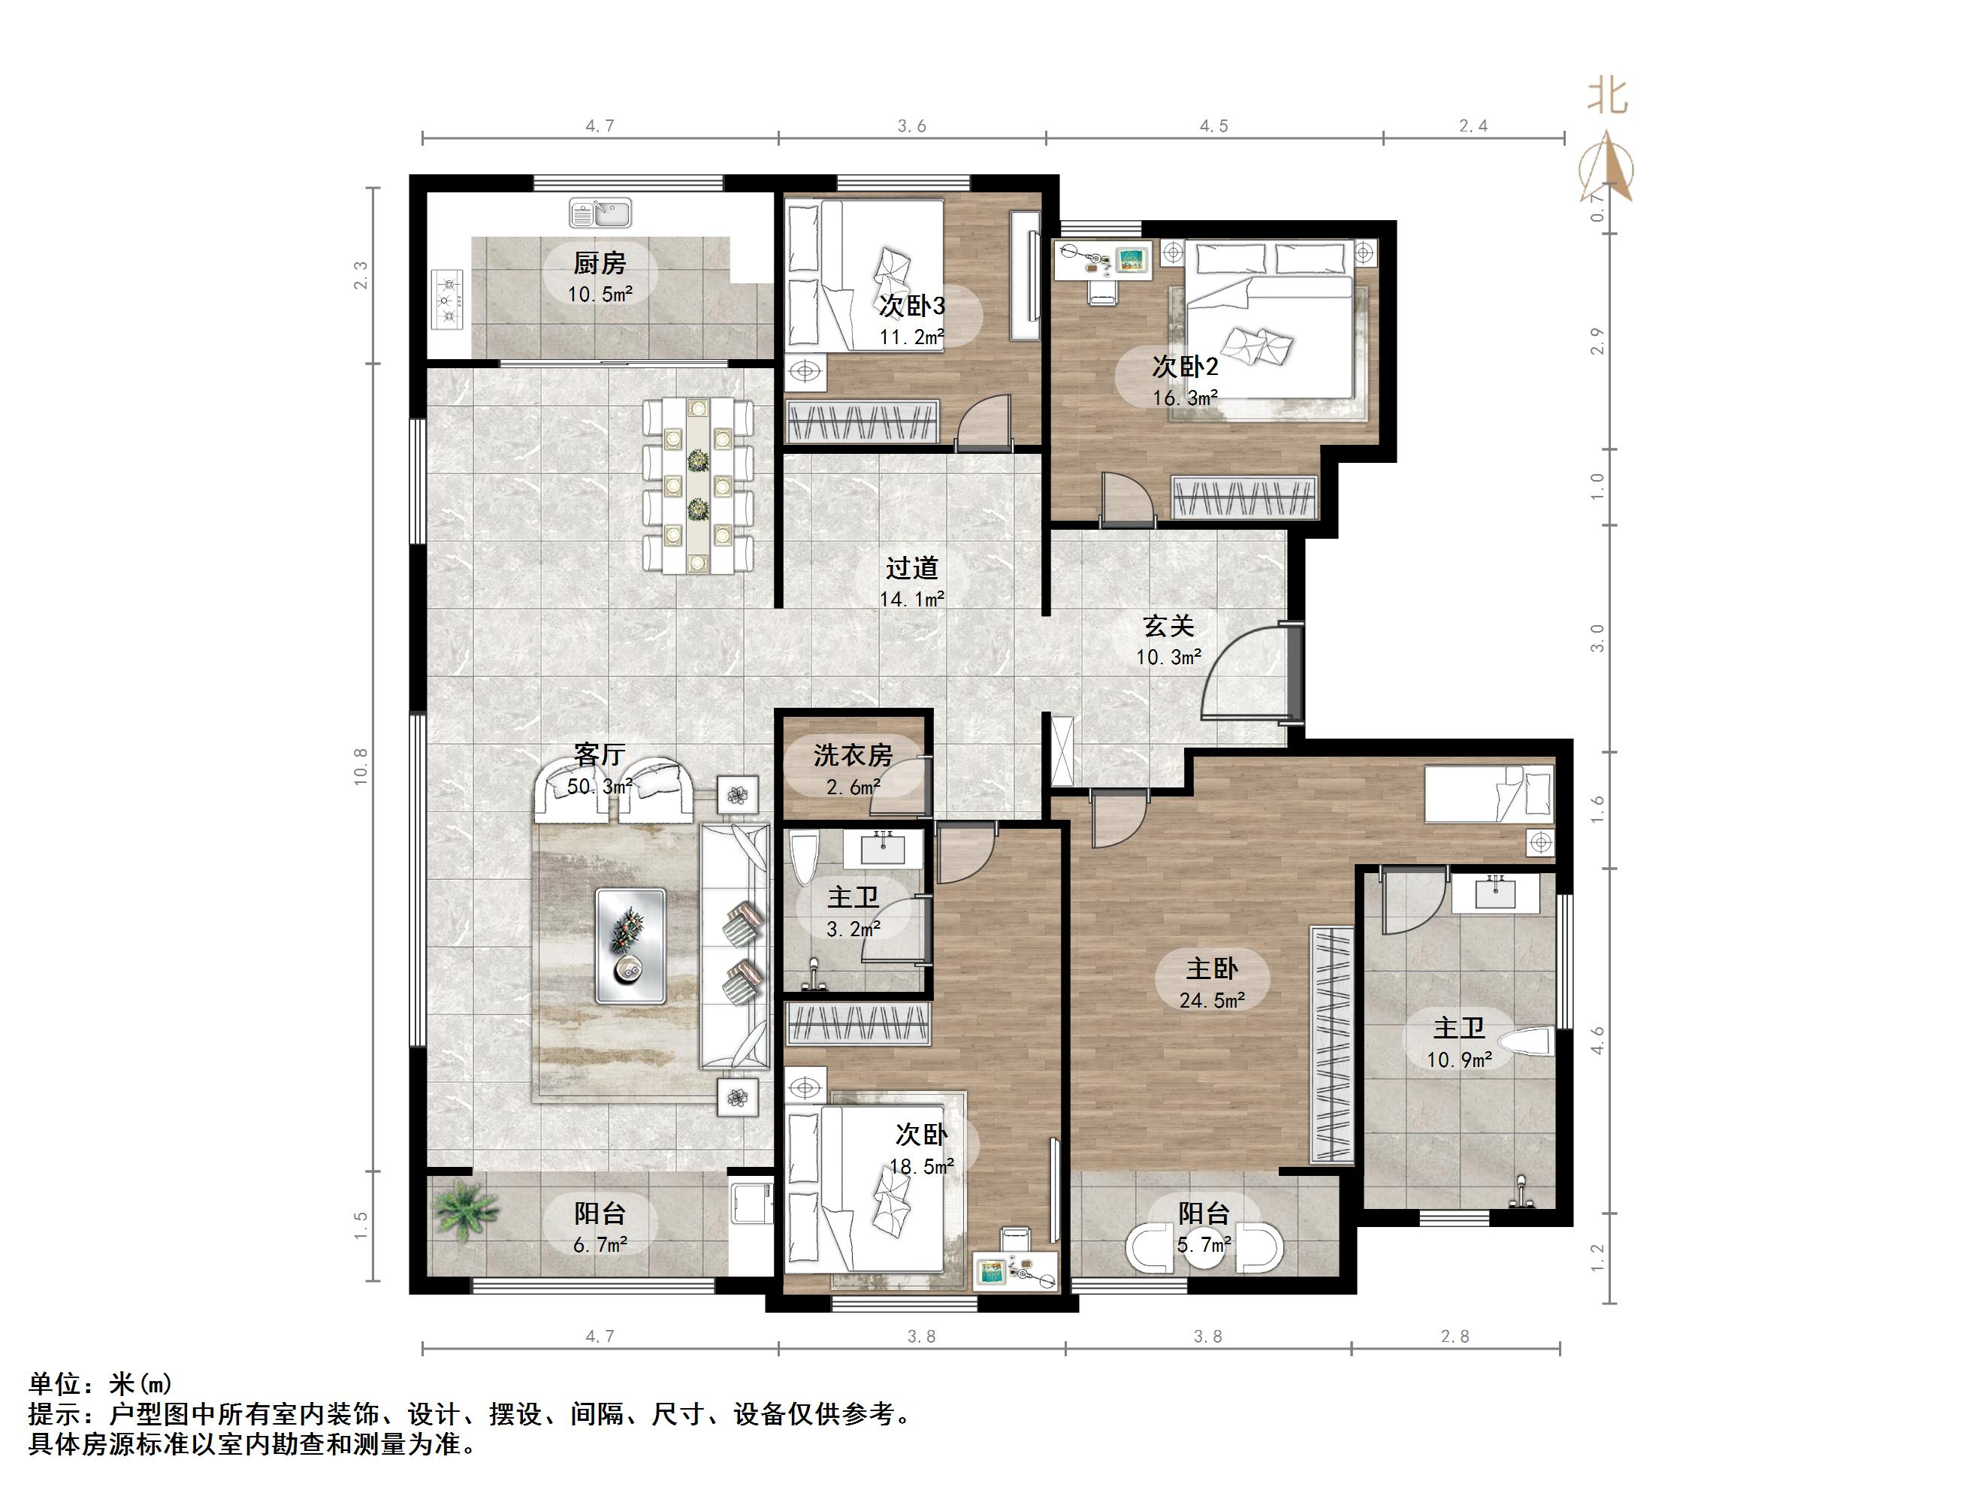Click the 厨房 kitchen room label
point(600,264)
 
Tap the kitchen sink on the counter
point(600,213)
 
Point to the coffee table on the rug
point(631,945)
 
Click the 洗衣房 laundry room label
point(853,756)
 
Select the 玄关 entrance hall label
point(1168,626)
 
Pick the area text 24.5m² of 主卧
point(1213,1000)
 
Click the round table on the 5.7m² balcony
point(1205,1247)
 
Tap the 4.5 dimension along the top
point(1214,126)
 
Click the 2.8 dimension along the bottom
point(1455,1337)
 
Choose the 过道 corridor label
point(912,567)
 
